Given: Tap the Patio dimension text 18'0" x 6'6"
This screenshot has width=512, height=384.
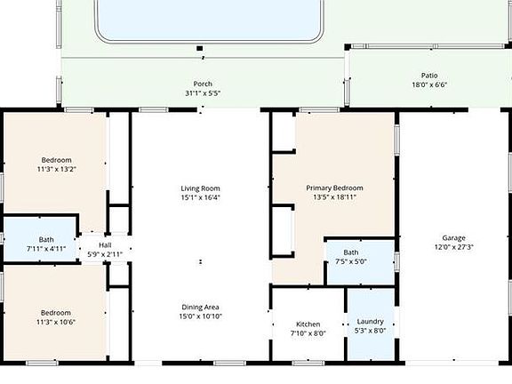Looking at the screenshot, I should [x=429, y=85].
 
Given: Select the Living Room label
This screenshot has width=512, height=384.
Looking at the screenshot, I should [x=200, y=188].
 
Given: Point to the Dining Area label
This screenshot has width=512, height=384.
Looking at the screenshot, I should [x=200, y=307].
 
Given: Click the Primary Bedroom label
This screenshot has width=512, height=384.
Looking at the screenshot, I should [x=334, y=188].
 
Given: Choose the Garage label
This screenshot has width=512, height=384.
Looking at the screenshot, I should [x=453, y=237].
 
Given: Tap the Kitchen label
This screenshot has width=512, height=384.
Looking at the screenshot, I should [x=308, y=324].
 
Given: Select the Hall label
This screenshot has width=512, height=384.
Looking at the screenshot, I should [x=105, y=245].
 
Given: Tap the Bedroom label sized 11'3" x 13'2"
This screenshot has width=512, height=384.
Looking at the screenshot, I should [x=55, y=160].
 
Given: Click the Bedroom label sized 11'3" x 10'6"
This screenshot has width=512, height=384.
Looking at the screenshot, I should [x=55, y=312].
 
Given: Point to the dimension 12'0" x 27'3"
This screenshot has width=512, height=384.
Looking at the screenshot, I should [x=453, y=247].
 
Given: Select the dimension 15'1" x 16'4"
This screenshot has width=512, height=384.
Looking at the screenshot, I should [x=200, y=197].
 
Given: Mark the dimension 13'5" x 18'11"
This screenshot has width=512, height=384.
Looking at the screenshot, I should [x=334, y=197].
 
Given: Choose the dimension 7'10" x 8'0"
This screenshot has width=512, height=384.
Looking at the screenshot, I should [x=308, y=333].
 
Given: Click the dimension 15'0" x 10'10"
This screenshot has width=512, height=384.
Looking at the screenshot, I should [x=200, y=316].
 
